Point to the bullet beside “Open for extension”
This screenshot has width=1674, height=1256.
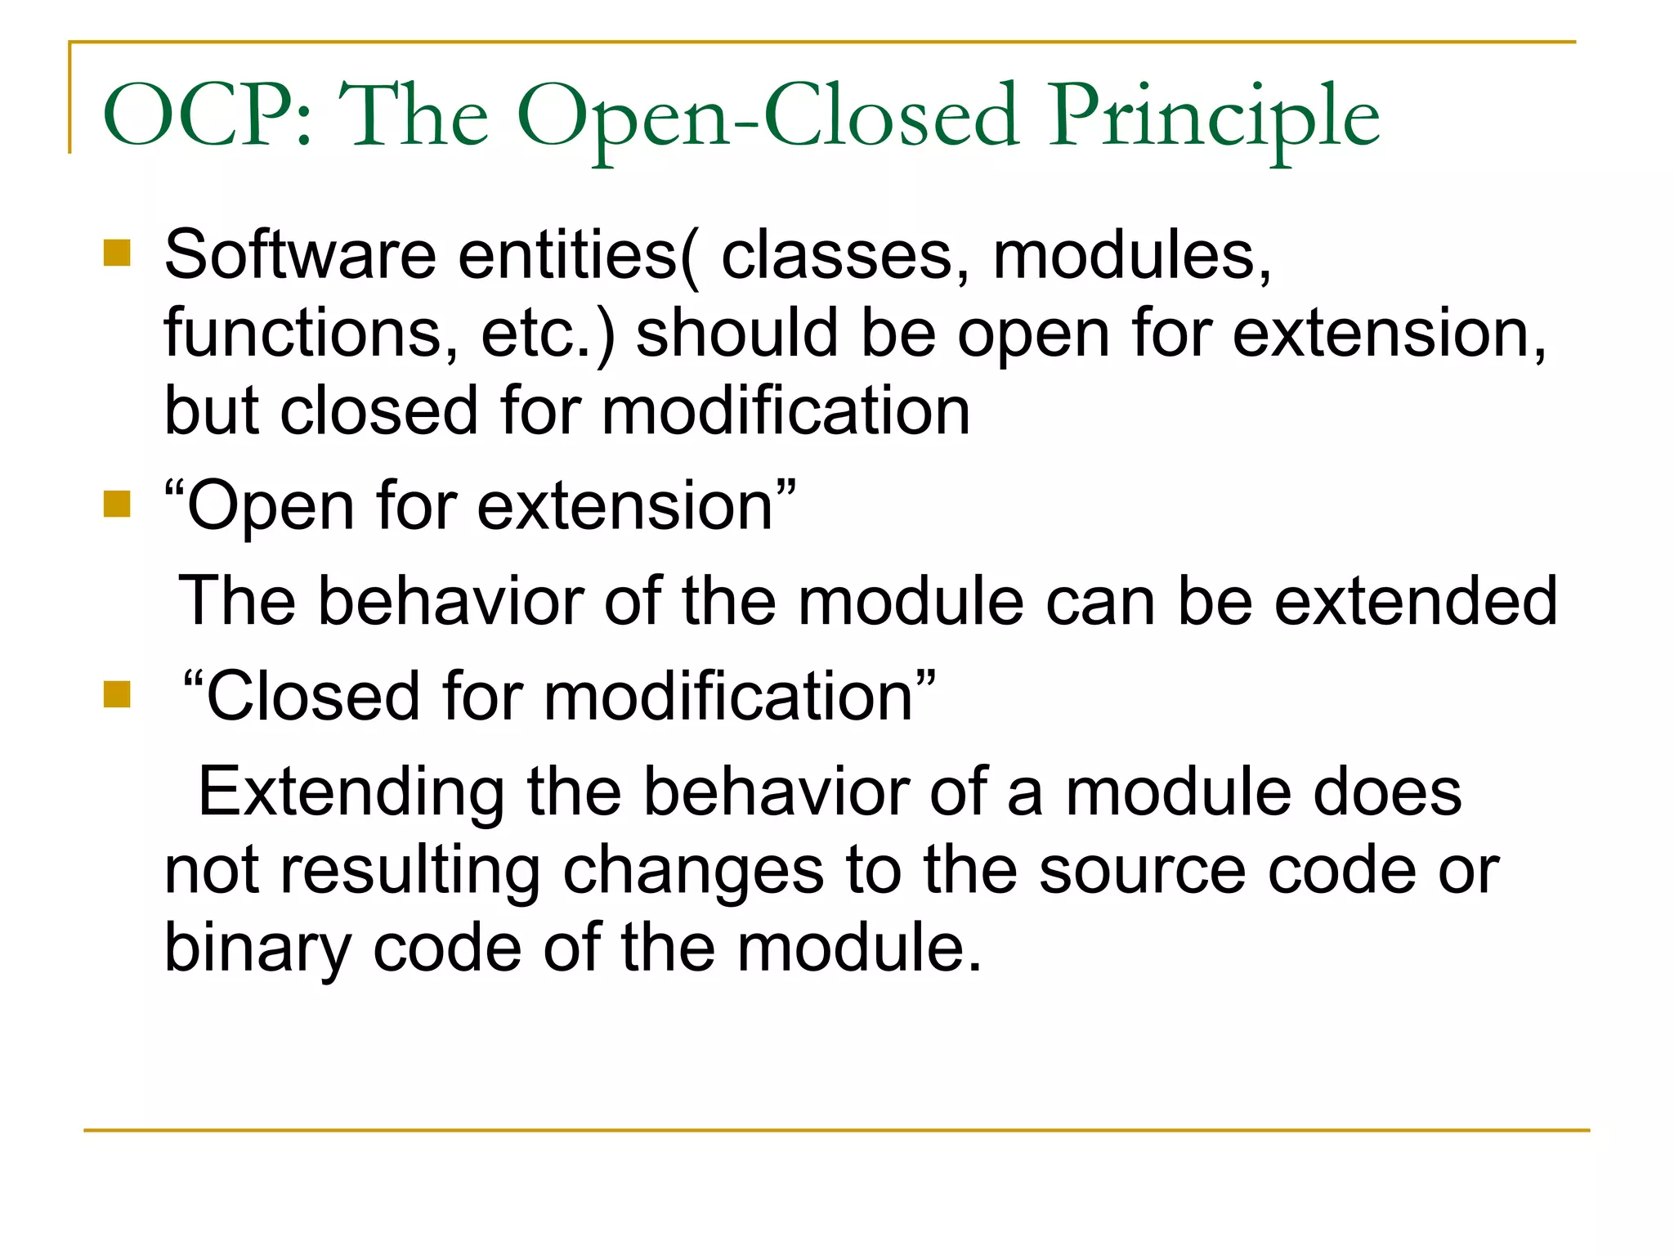point(118,504)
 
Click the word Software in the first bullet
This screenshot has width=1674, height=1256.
point(300,255)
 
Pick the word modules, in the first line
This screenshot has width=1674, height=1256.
point(1132,255)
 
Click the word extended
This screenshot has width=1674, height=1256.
point(1416,601)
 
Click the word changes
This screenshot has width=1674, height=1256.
point(693,870)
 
